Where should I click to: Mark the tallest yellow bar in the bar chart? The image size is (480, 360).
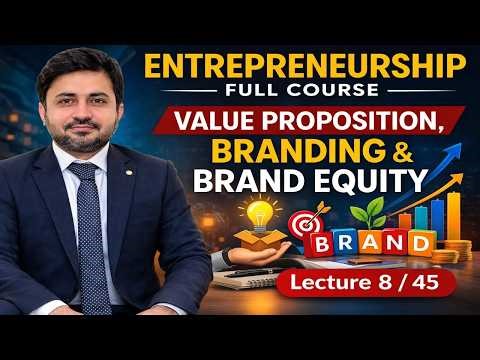(453, 210)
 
